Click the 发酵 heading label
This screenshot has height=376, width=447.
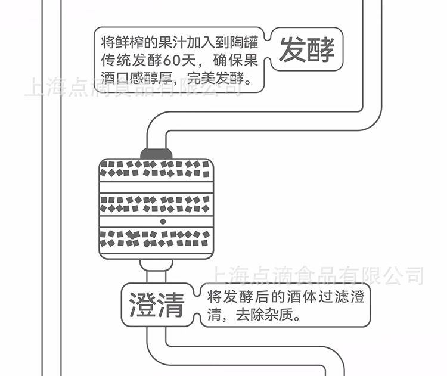pyautogui.click(x=306, y=49)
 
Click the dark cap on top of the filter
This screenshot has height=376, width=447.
pyautogui.click(x=156, y=153)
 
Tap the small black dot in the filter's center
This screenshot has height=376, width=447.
pyautogui.click(x=162, y=221)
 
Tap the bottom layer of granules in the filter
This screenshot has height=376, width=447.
pyautogui.click(x=156, y=239)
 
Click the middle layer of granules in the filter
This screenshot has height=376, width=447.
pyautogui.click(x=156, y=204)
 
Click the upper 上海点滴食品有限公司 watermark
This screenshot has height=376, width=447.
pyautogui.click(x=132, y=88)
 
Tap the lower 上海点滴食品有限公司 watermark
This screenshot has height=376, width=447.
pyautogui.click(x=316, y=276)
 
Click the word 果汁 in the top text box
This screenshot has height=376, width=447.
pyautogui.click(x=174, y=43)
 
